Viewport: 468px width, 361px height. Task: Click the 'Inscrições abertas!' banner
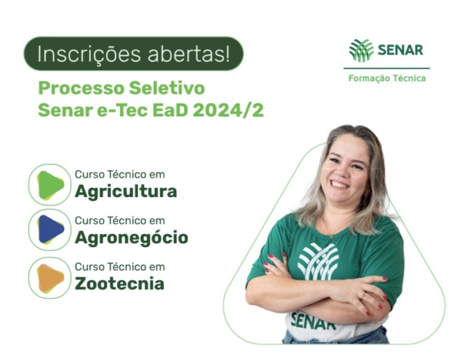134,54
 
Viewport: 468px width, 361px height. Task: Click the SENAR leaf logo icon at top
362,51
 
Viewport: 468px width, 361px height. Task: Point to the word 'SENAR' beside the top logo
400,51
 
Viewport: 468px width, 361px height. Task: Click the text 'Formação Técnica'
386,79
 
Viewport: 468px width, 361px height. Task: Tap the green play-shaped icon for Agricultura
50,185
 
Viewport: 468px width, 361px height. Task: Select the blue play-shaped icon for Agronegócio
50,230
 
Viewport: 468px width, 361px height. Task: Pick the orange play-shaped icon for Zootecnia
50,277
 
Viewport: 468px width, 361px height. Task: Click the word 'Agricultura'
125,192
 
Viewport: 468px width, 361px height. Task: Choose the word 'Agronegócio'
131,238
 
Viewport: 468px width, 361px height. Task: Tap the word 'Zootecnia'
119,285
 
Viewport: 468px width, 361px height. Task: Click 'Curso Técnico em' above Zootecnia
119,267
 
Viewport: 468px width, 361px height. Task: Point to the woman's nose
339,169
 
